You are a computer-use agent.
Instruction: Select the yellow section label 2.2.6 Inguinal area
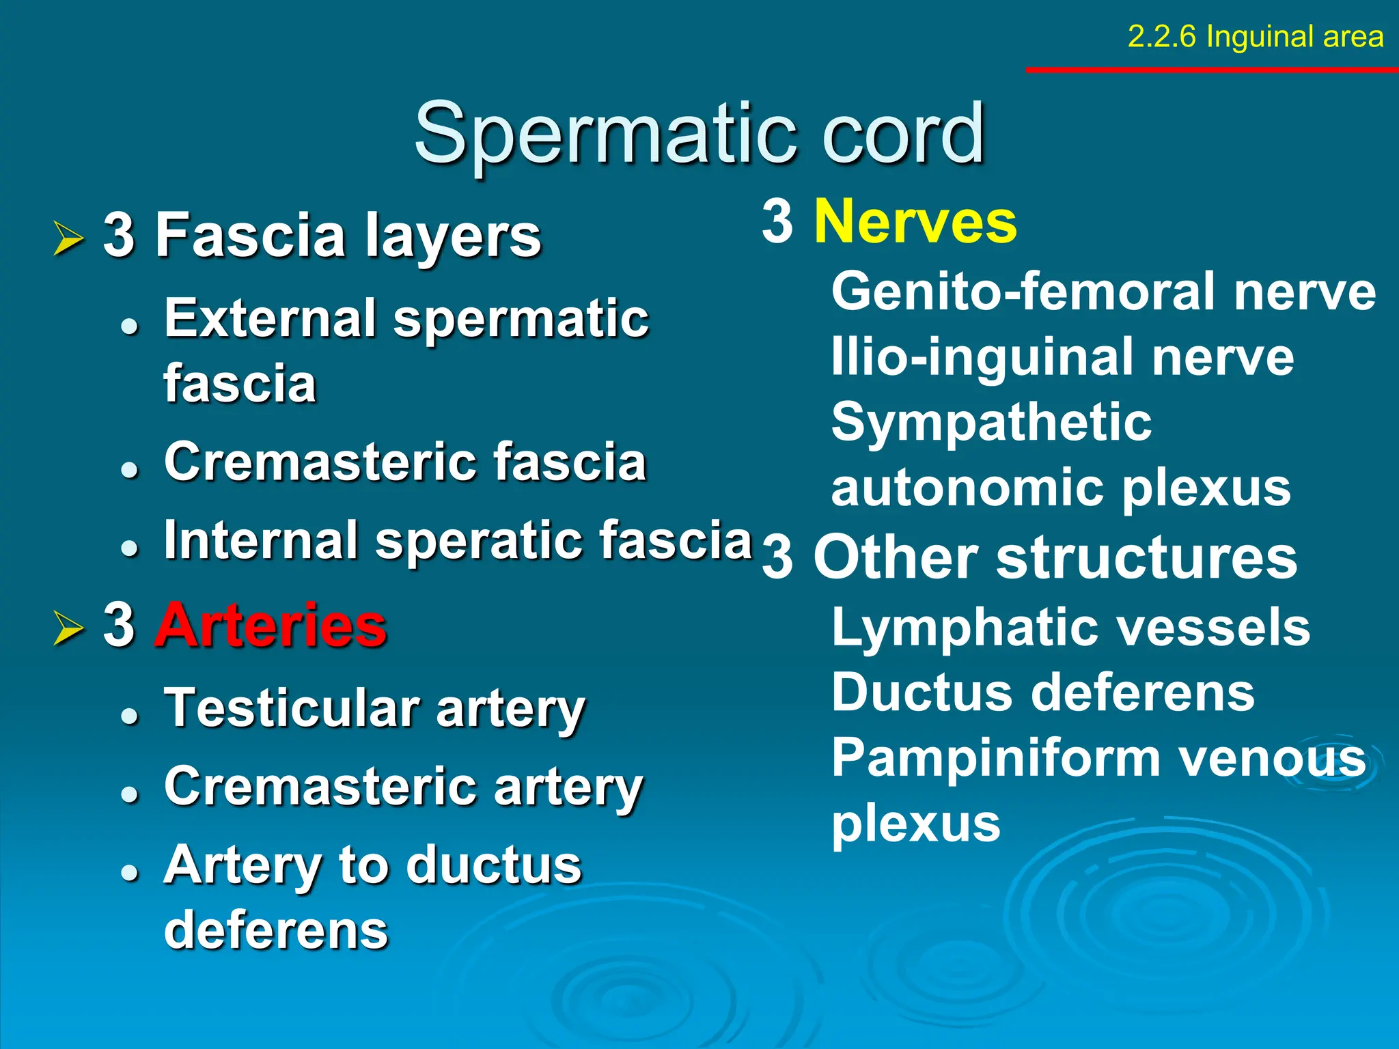click(1255, 37)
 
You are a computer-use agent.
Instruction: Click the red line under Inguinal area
click(1212, 70)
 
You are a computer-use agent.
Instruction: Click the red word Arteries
click(271, 625)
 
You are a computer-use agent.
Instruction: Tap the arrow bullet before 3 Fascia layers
click(68, 238)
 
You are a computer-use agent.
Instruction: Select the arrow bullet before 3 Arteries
click(68, 628)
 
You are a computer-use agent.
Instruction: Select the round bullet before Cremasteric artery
click(129, 794)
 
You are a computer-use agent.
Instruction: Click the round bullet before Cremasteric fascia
click(129, 469)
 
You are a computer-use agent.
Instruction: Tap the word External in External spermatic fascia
click(270, 319)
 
